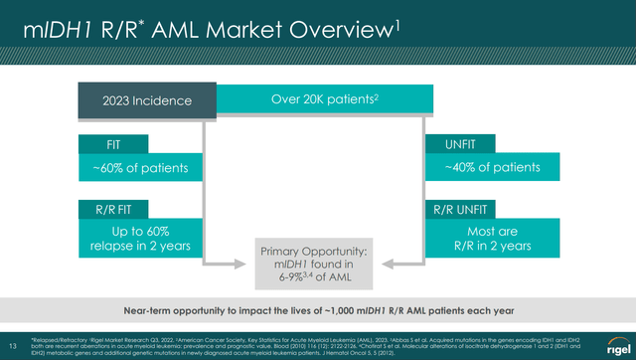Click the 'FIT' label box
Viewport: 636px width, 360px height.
(110, 144)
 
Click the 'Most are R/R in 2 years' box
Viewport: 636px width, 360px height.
(491, 239)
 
